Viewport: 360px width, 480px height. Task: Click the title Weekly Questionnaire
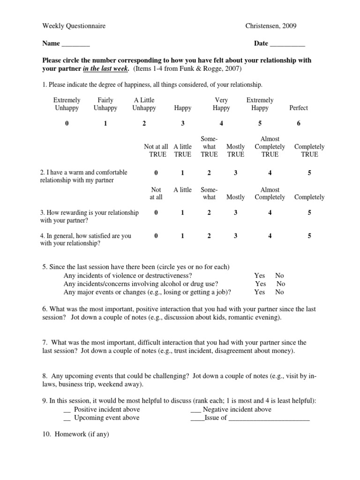point(74,26)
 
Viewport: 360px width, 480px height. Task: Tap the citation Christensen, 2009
point(270,26)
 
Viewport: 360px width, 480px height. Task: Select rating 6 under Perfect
point(299,123)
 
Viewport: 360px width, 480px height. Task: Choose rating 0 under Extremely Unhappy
point(67,123)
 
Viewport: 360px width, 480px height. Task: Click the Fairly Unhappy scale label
point(105,104)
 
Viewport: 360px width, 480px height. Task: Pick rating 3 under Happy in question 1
point(183,123)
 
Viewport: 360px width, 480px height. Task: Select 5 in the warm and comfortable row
point(309,173)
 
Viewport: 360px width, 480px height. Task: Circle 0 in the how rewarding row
point(156,212)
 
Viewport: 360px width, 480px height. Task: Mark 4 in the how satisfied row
point(270,236)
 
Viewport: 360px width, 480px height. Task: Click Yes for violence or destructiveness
point(260,276)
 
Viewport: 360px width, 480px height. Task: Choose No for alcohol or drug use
point(280,284)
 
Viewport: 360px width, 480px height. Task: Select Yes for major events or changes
point(260,292)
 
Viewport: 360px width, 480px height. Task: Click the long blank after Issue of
point(269,419)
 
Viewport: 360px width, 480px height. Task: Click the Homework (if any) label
point(75,434)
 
